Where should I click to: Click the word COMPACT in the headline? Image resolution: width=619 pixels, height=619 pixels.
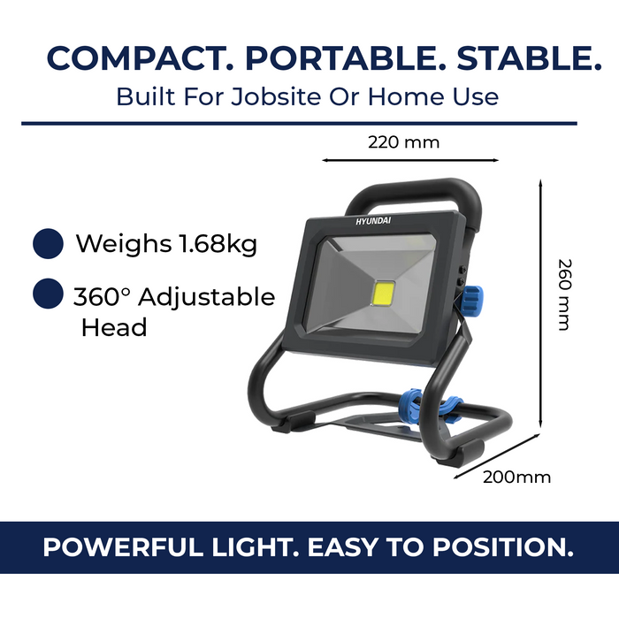pos(137,58)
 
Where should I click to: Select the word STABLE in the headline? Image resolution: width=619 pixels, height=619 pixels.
pos(524,58)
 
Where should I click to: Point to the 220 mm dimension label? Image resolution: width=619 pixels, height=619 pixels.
pos(403,141)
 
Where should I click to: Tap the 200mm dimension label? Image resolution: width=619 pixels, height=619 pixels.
pos(516,478)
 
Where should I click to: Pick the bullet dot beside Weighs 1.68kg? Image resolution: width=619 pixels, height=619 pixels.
pos(48,243)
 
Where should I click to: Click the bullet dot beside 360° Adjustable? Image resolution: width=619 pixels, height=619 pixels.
pos(48,295)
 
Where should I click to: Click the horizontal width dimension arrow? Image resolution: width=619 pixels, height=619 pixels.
pos(409,161)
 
